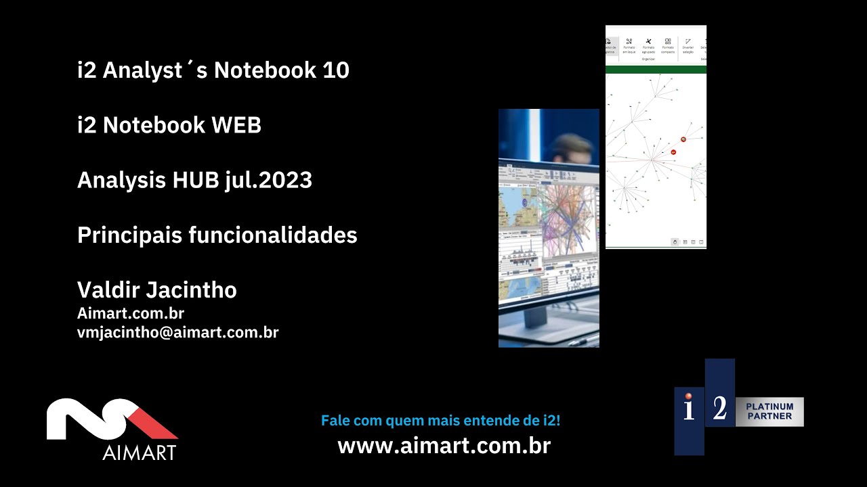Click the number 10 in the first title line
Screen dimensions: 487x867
point(335,70)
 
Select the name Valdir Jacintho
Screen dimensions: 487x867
point(157,290)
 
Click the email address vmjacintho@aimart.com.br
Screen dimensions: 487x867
point(177,332)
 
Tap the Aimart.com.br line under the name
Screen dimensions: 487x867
point(131,313)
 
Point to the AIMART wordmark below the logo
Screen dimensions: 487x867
point(140,453)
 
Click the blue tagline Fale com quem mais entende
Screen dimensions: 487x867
point(440,421)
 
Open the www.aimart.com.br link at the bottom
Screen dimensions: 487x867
point(444,446)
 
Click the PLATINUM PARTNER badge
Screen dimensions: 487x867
point(769,411)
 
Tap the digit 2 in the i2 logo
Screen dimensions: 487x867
point(720,408)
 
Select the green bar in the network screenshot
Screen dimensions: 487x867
point(656,69)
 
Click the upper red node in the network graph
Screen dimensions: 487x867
point(683,139)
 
